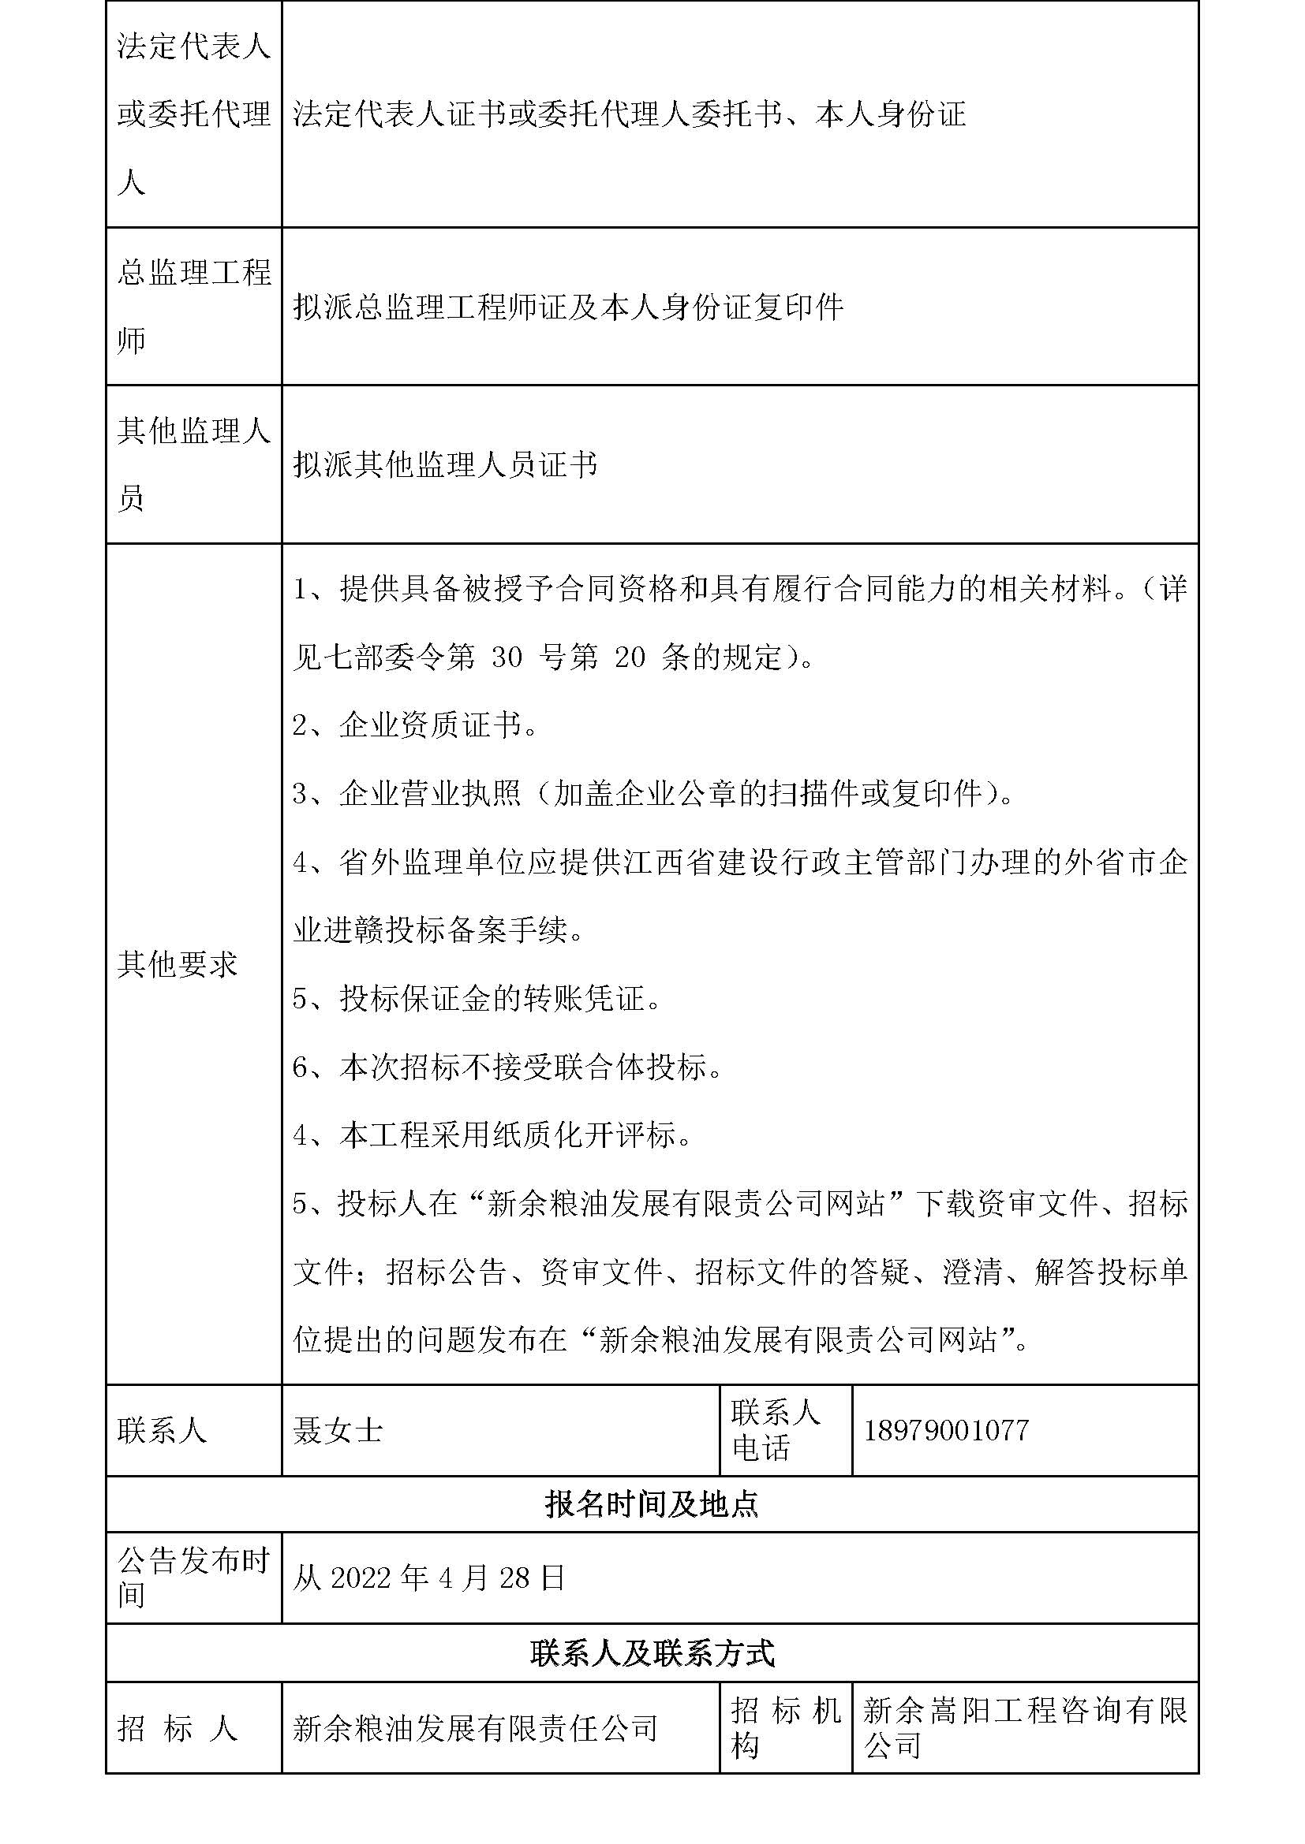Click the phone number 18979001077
click(946, 1430)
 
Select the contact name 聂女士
click(338, 1430)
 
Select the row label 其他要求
click(178, 964)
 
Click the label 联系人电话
click(775, 1430)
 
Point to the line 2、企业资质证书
click(415, 726)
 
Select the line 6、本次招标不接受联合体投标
click(508, 1067)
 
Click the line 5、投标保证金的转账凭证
click(477, 999)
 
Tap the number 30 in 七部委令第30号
click(507, 658)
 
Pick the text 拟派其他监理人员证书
click(445, 465)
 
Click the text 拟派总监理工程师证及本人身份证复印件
click(568, 307)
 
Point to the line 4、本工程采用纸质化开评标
click(492, 1135)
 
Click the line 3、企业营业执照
click(652, 795)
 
